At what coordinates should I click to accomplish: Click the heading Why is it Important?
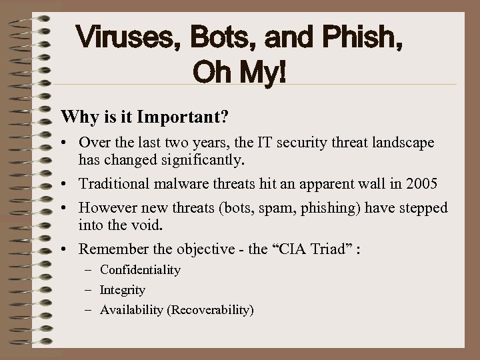[x=145, y=117]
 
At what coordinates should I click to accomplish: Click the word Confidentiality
[x=140, y=270]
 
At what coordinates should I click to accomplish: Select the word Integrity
[x=123, y=290]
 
